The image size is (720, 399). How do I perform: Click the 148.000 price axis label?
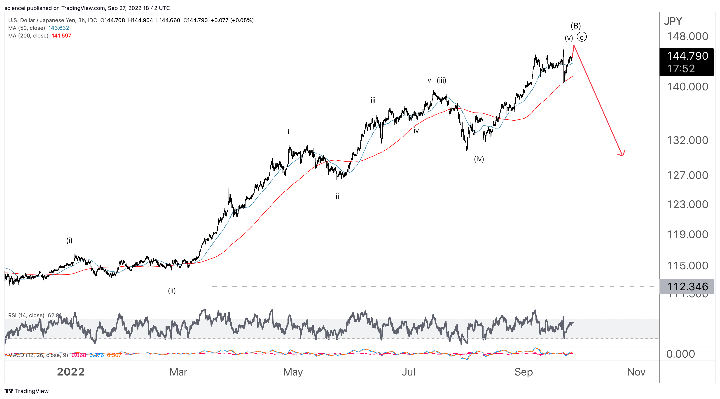[687, 36]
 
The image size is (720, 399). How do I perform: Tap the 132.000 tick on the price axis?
[687, 140]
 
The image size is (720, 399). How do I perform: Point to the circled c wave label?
[582, 37]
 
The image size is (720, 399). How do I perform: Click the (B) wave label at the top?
[575, 26]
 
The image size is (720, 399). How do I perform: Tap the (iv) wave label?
[479, 159]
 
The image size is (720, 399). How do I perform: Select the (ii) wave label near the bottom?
[172, 291]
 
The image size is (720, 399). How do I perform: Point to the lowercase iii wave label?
[373, 100]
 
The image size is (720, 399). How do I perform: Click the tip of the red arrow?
[622, 155]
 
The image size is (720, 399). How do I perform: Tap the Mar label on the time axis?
[178, 372]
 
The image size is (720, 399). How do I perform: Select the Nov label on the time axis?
[636, 372]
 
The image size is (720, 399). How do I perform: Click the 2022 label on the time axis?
[71, 372]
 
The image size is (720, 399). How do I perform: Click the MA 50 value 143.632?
[58, 28]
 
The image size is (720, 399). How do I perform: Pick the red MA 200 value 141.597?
[61, 36]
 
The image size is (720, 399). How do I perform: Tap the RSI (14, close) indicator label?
[26, 315]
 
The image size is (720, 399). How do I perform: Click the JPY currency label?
[673, 21]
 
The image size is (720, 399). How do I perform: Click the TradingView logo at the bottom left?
[27, 391]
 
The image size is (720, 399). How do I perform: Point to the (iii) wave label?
[441, 80]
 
